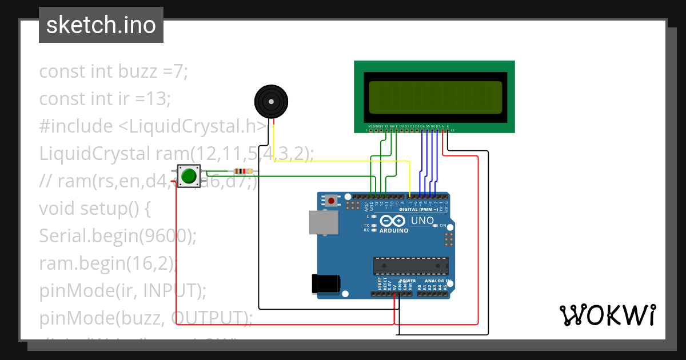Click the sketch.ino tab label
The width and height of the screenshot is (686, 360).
pos(101,25)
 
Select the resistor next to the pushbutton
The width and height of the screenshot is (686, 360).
pos(244,171)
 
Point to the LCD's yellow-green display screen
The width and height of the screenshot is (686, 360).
pos(436,97)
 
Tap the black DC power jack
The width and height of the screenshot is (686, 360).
pos(326,285)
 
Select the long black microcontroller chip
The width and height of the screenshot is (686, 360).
pos(410,266)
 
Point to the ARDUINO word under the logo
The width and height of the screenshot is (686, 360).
pos(393,231)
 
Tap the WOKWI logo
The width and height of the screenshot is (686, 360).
pos(607,315)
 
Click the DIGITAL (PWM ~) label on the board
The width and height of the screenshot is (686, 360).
pos(419,210)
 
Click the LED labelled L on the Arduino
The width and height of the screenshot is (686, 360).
pos(373,217)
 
